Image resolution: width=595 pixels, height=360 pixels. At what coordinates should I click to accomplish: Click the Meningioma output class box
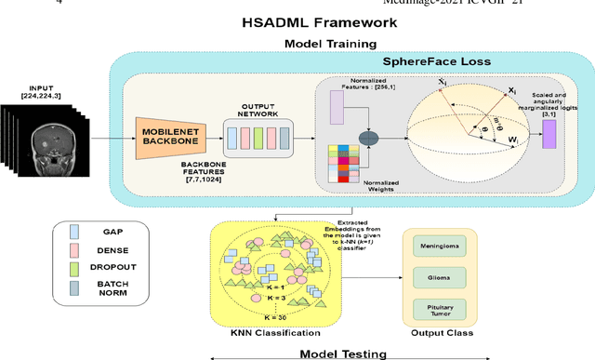(x=447, y=244)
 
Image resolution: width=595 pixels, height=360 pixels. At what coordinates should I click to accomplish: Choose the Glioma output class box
(x=447, y=276)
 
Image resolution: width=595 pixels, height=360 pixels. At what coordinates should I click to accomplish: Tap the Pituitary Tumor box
(x=447, y=310)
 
